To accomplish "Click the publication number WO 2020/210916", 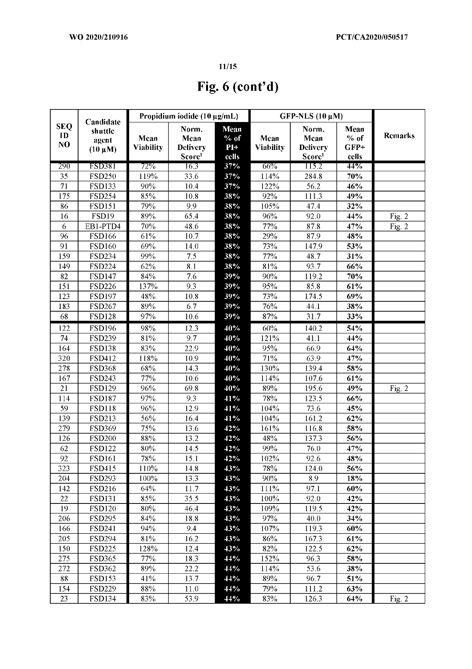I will click(x=99, y=37).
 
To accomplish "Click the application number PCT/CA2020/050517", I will click(x=372, y=37).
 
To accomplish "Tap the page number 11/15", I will click(x=228, y=66).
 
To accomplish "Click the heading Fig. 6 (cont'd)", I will click(x=238, y=87).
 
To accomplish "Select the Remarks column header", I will click(x=399, y=135).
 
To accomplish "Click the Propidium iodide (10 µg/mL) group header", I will click(x=189, y=116).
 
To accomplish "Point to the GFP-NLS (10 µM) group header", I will click(x=311, y=116).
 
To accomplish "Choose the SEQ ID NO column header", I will click(x=64, y=135).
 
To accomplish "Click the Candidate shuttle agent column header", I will click(x=102, y=135).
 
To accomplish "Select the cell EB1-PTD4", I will click(x=102, y=226).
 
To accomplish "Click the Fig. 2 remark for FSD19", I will click(x=399, y=216).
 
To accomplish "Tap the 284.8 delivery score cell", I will click(x=313, y=176).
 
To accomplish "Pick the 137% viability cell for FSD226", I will click(x=148, y=286).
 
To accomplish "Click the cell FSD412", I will click(x=102, y=358).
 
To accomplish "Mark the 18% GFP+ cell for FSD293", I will click(x=354, y=478).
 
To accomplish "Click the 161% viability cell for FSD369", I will click(x=270, y=428).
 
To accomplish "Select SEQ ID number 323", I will click(x=64, y=468).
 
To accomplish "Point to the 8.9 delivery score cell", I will click(x=313, y=478).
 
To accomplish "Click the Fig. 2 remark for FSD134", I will click(x=399, y=598).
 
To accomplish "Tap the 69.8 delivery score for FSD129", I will click(x=191, y=388).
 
